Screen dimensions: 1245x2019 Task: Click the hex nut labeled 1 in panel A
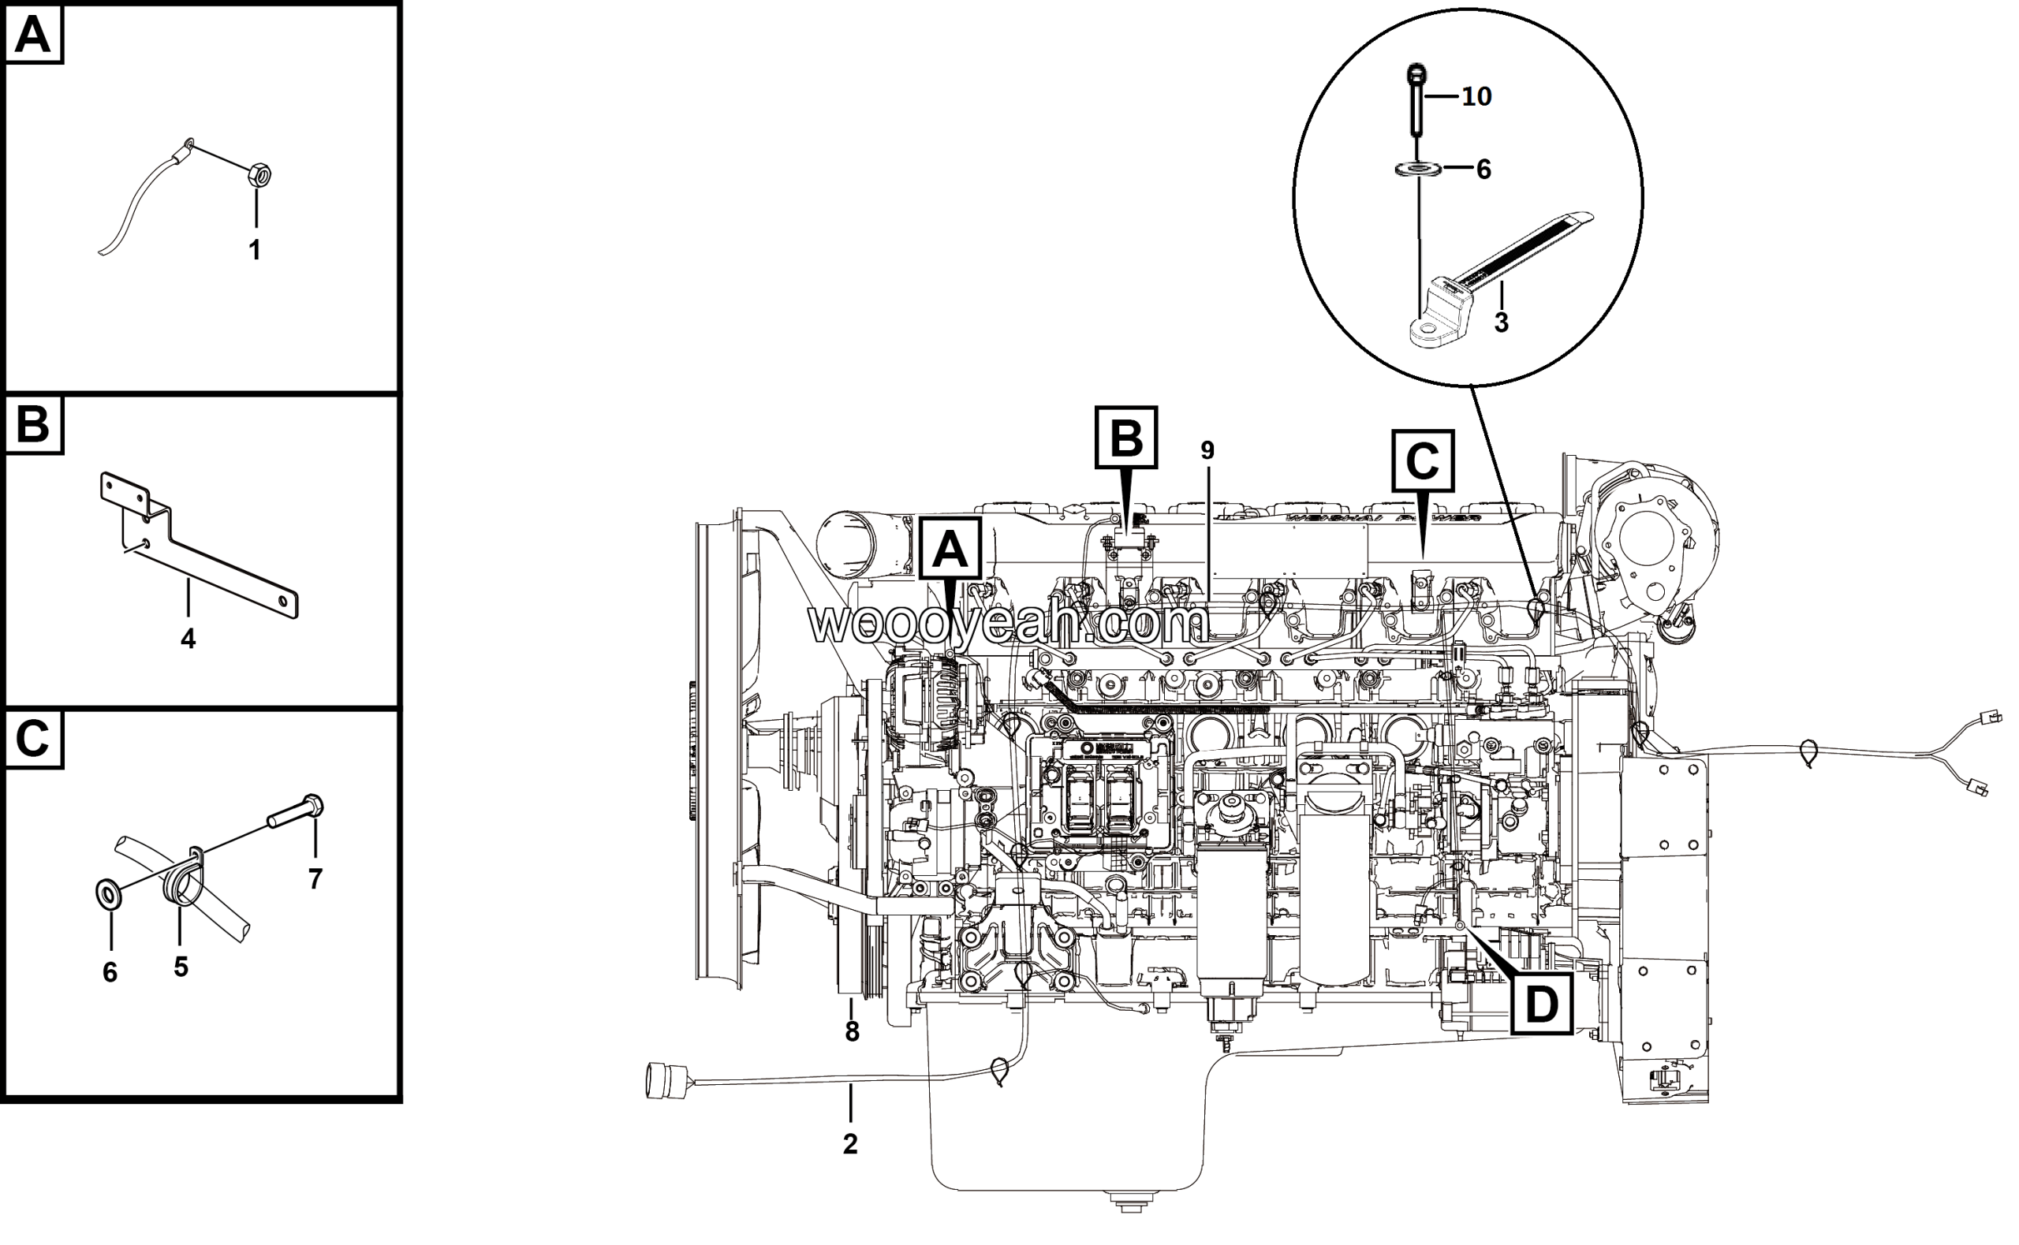tap(259, 176)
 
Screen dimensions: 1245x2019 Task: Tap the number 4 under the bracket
tap(188, 638)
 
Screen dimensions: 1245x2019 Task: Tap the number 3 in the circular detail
tap(1501, 322)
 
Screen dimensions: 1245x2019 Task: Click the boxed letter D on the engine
tap(1541, 1003)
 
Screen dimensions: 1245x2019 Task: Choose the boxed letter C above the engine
tap(1422, 461)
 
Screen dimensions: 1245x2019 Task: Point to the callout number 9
tap(1207, 450)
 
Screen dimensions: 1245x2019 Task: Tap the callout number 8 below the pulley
tap(853, 1032)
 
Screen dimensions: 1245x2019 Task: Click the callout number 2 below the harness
tap(850, 1144)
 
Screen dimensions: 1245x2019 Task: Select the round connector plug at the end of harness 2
tap(661, 1081)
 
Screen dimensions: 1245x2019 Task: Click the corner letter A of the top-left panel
tap(33, 35)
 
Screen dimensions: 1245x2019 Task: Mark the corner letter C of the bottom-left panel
tap(33, 739)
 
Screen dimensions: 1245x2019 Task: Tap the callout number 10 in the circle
tap(1476, 96)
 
